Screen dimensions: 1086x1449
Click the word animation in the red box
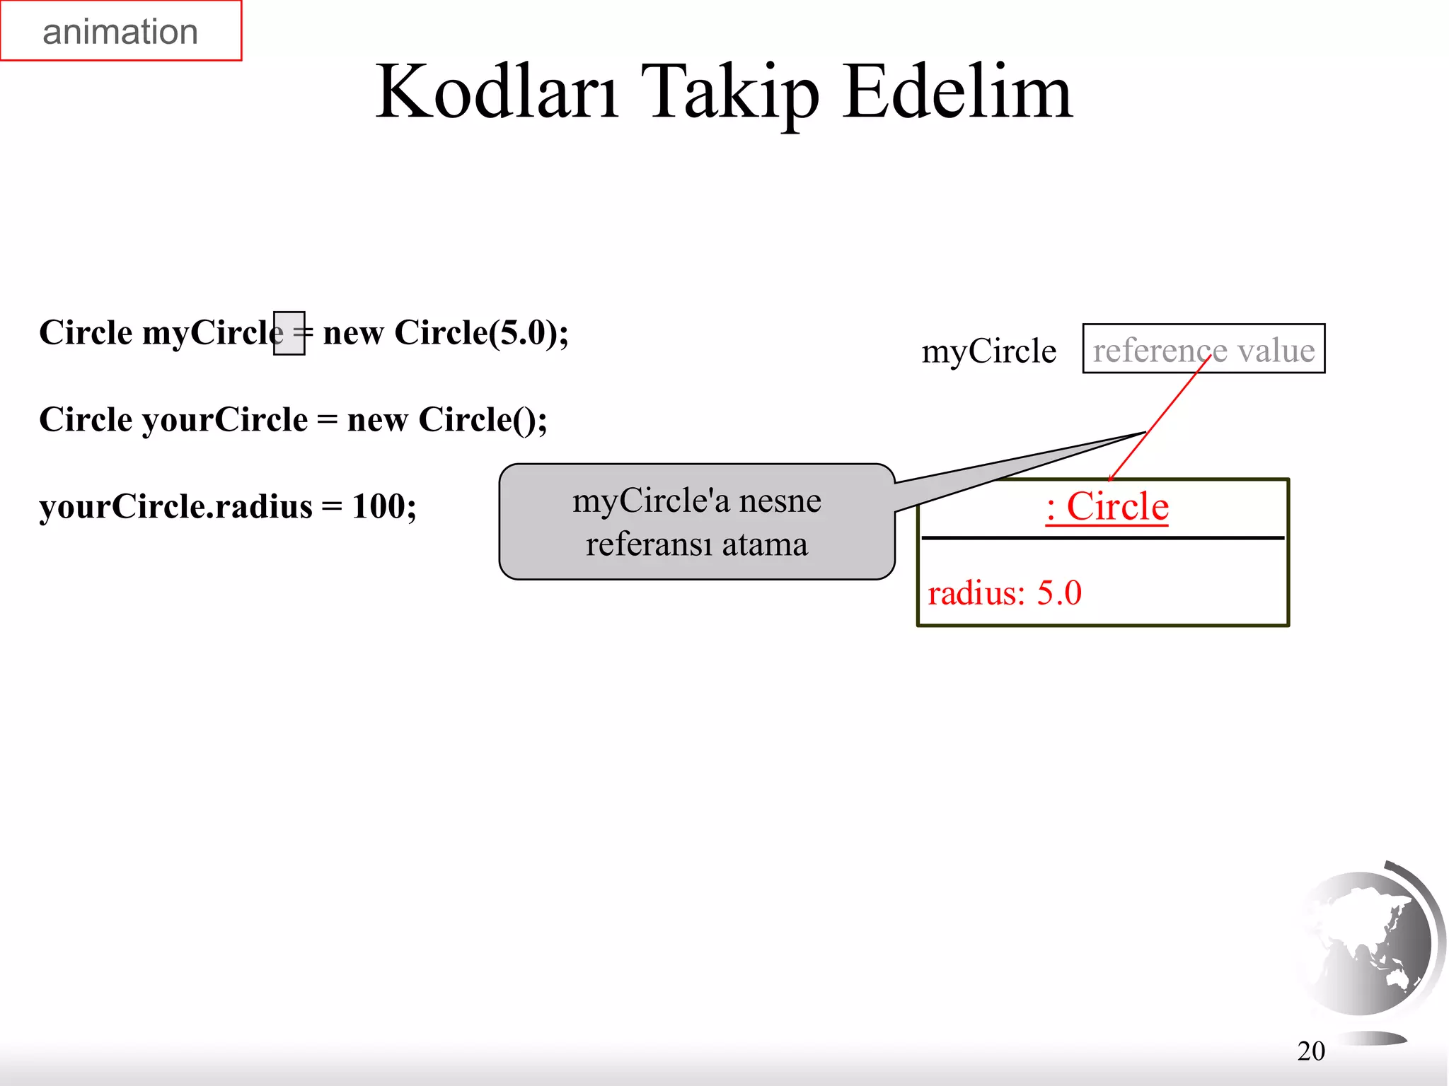120,32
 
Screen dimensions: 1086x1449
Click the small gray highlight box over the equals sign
289,333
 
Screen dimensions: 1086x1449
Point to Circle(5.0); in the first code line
481,332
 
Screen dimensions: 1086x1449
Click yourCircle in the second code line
225,419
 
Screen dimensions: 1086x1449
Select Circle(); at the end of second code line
483,419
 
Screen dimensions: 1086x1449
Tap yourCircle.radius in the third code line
175,506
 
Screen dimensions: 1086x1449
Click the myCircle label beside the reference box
988,351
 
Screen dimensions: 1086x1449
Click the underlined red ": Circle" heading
1107,506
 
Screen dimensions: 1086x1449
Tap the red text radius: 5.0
1004,592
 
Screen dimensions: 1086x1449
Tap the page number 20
1310,1051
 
